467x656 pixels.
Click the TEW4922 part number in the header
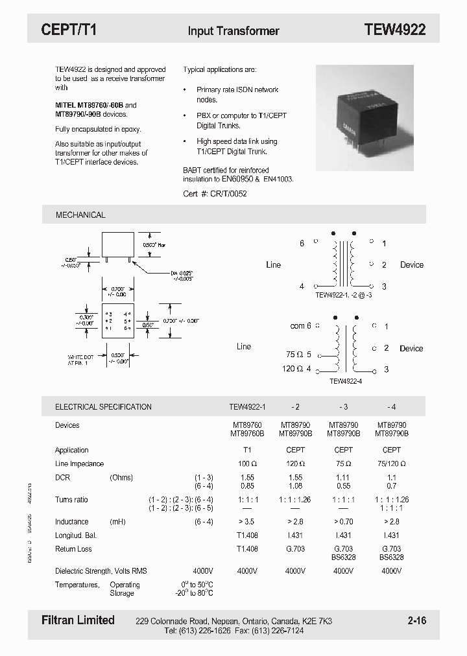(x=394, y=30)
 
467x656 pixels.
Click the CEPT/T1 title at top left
(x=69, y=30)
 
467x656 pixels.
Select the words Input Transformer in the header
(x=233, y=30)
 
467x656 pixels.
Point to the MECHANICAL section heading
(x=80, y=215)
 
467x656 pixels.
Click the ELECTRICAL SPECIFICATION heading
(x=103, y=407)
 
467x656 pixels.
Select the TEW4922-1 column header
(x=248, y=407)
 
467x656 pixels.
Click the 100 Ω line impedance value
(x=247, y=464)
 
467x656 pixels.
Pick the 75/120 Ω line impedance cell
(x=392, y=464)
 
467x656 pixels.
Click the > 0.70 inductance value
(x=343, y=522)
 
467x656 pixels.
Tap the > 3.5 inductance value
(x=247, y=522)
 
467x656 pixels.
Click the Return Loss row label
(x=73, y=549)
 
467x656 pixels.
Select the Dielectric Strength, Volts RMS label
(x=101, y=571)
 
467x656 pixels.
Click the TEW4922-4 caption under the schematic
(x=346, y=382)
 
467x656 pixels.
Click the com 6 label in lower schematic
(x=300, y=326)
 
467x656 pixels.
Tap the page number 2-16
(x=417, y=621)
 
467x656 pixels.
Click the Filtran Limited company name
(x=73, y=620)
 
